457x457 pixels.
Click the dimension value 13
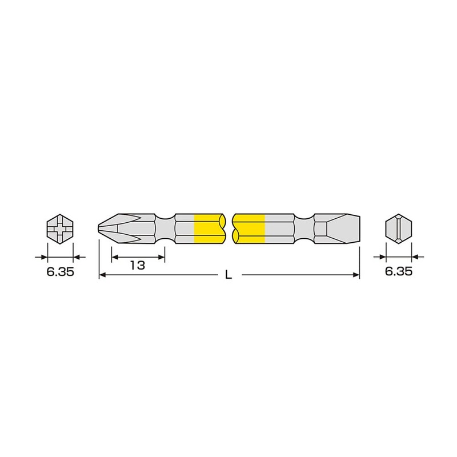click(x=137, y=265)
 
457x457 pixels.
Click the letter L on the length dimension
click(x=228, y=275)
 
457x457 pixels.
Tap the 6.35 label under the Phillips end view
click(x=60, y=272)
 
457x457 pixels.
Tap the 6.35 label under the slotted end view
click(x=398, y=272)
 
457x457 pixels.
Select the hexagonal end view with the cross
click(x=60, y=230)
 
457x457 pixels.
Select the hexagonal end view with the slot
click(x=398, y=230)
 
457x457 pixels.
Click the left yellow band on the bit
click(x=207, y=230)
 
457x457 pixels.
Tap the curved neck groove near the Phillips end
click(x=165, y=230)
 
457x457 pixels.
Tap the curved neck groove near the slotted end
click(x=304, y=230)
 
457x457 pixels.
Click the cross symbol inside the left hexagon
click(x=60, y=230)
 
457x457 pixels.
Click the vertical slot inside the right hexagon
click(x=398, y=230)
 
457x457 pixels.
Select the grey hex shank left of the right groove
click(x=280, y=230)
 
